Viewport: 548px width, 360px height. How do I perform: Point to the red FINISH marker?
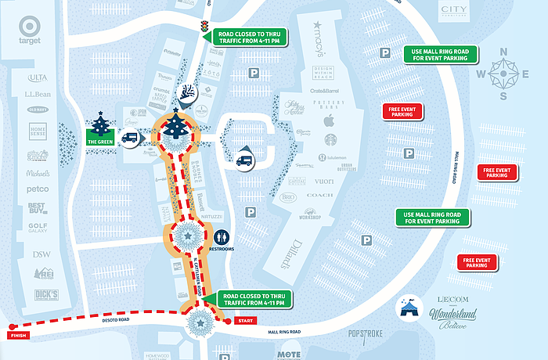[x=16, y=335]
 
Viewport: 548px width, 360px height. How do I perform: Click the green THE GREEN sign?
[x=99, y=141]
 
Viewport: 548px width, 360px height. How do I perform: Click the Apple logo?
[x=329, y=121]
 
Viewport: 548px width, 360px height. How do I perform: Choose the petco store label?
[x=38, y=189]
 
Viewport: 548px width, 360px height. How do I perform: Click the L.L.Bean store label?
[x=38, y=94]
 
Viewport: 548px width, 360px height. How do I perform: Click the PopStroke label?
[x=368, y=334]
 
